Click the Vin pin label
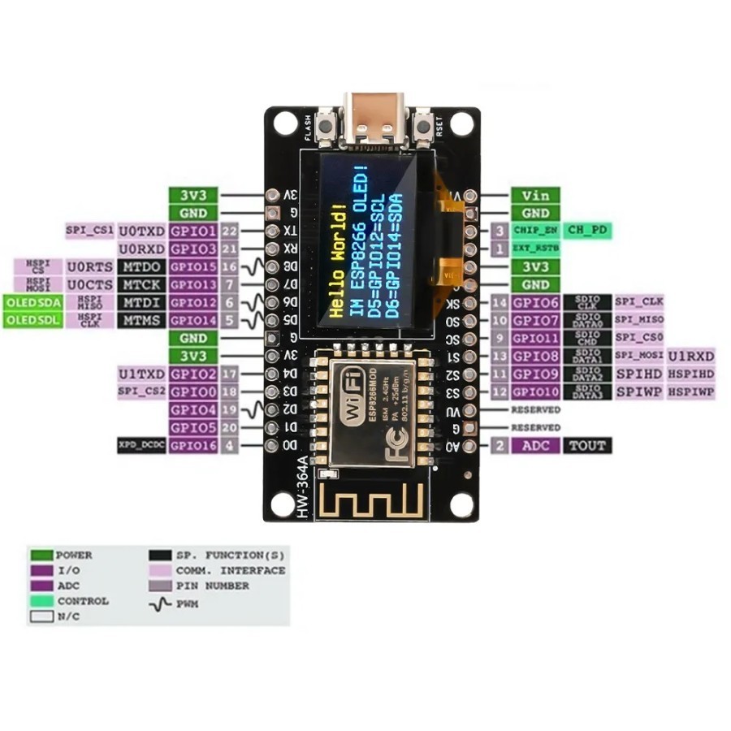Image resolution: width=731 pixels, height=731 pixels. pyautogui.click(x=535, y=195)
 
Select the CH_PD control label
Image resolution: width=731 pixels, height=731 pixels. pyautogui.click(x=587, y=230)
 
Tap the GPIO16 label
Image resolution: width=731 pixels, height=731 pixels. pyautogui.click(x=193, y=445)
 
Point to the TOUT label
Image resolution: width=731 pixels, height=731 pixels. pyautogui.click(x=586, y=445)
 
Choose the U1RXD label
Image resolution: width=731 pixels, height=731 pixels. pyautogui.click(x=691, y=356)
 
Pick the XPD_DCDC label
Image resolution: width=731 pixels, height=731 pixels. pyautogui.click(x=142, y=445)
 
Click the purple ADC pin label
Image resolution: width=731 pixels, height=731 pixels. pyautogui.click(x=536, y=445)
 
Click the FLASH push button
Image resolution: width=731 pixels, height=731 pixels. pyautogui.click(x=329, y=127)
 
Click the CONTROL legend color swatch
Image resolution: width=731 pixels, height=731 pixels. pyautogui.click(x=41, y=601)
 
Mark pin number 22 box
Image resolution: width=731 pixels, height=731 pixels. pyautogui.click(x=229, y=231)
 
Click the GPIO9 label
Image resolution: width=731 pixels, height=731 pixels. pyautogui.click(x=535, y=374)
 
